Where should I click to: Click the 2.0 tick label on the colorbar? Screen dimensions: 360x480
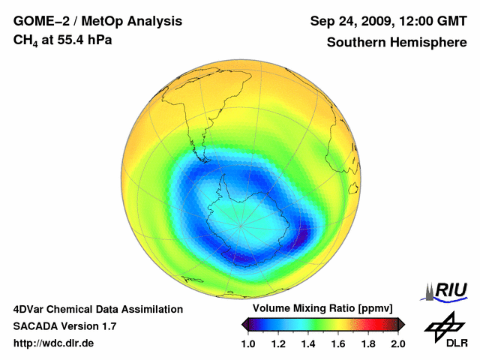(397, 344)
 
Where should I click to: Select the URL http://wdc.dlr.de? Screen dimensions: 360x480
(54, 343)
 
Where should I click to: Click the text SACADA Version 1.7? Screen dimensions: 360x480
(64, 326)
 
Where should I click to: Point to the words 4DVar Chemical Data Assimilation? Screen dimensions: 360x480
(97, 309)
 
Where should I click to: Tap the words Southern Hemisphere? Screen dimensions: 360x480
(396, 42)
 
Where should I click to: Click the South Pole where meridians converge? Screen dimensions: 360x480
(241, 225)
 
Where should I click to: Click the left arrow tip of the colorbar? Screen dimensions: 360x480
(242, 324)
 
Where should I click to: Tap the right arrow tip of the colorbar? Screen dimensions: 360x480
(404, 324)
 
